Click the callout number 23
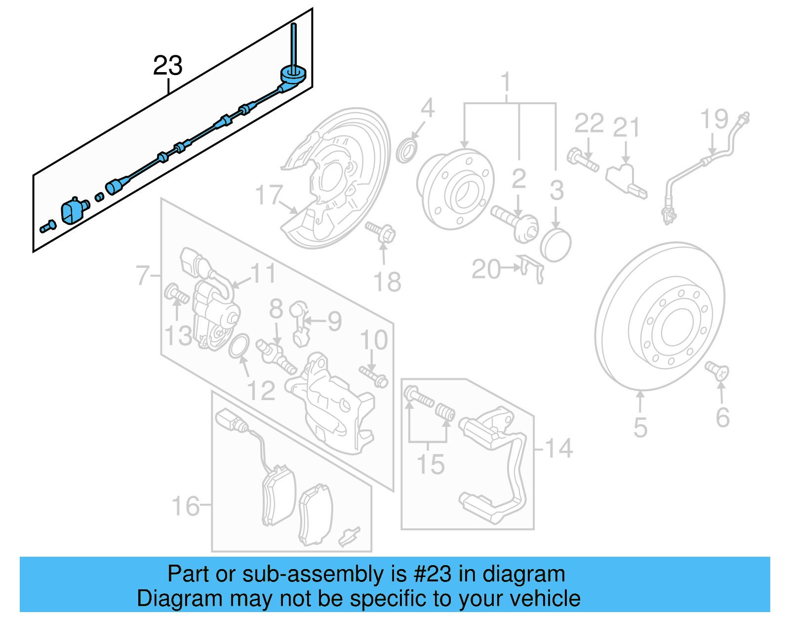(167, 66)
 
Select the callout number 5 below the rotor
(640, 427)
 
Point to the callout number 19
(714, 119)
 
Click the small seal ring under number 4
(407, 151)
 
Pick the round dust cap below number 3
(555, 245)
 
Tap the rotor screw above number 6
(717, 370)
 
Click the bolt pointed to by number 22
(583, 159)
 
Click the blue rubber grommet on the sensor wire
(293, 75)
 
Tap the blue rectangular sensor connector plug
(72, 211)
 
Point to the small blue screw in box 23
(47, 227)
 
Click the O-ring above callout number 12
(239, 346)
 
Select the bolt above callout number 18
(381, 232)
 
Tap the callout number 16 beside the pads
(185, 506)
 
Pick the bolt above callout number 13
(176, 294)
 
